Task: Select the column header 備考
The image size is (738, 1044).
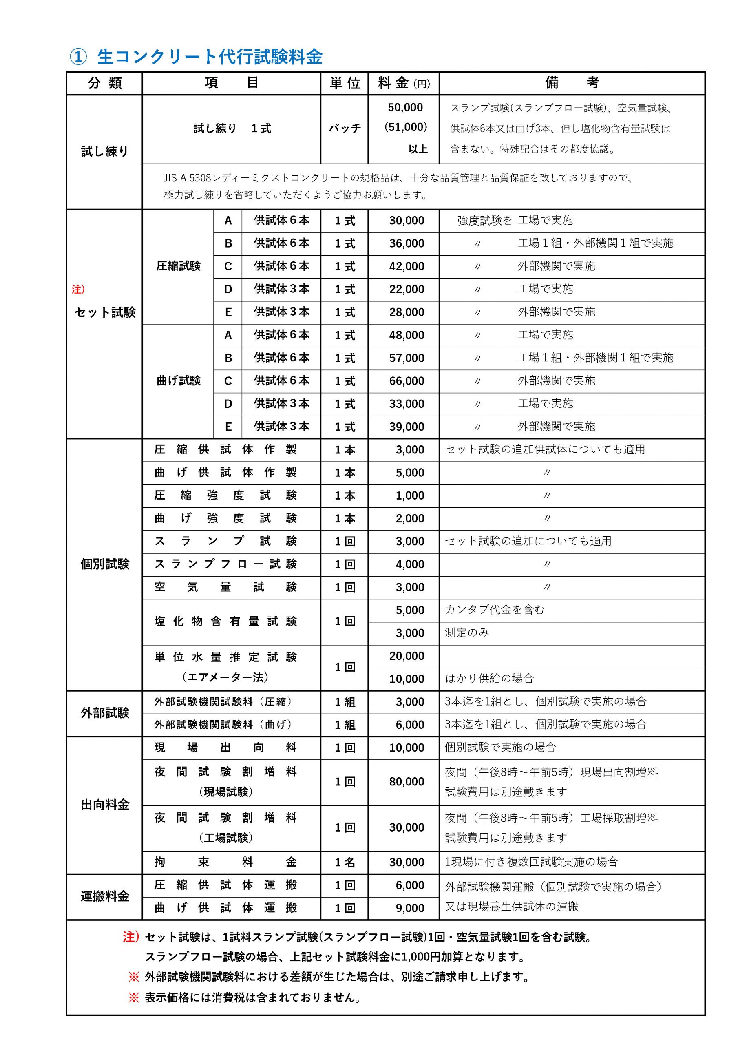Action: pyautogui.click(x=572, y=83)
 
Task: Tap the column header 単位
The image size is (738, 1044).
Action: pyautogui.click(x=344, y=83)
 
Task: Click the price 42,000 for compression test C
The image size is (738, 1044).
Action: pyautogui.click(x=407, y=266)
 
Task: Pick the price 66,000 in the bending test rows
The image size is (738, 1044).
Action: pyautogui.click(x=407, y=381)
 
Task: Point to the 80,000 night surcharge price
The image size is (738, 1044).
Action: pyautogui.click(x=407, y=782)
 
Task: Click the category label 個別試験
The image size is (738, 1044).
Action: pyautogui.click(x=105, y=564)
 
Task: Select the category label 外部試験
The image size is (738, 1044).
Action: pyautogui.click(x=105, y=712)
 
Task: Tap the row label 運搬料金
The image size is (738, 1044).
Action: pyautogui.click(x=105, y=896)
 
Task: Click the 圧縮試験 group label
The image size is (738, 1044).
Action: pyautogui.click(x=178, y=266)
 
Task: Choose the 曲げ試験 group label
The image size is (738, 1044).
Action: pyautogui.click(x=178, y=380)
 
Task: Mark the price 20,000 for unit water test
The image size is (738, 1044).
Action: pyautogui.click(x=407, y=656)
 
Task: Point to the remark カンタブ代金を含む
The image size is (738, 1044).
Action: pyautogui.click(x=494, y=610)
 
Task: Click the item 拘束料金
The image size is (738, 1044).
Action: pyautogui.click(x=225, y=862)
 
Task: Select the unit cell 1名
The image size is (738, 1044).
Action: pyautogui.click(x=344, y=862)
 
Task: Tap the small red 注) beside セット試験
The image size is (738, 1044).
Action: pyautogui.click(x=78, y=289)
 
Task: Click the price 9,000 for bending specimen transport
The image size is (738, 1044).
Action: pyautogui.click(x=410, y=908)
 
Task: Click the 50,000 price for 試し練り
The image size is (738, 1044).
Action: pyautogui.click(x=405, y=107)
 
